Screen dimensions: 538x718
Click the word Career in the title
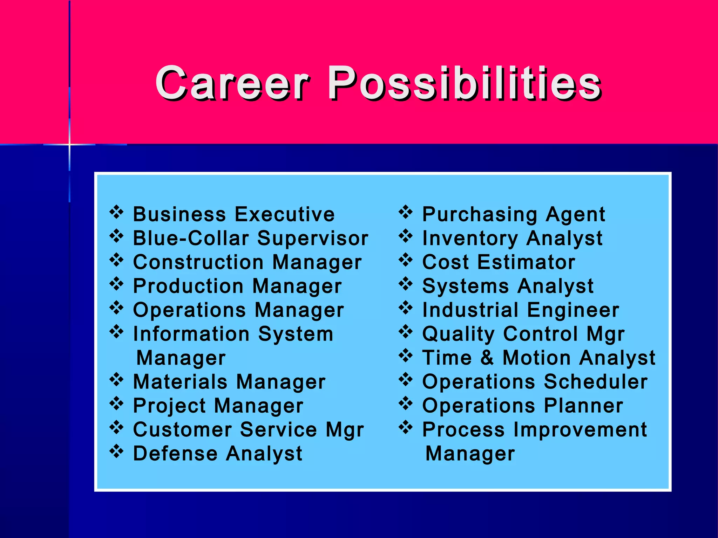(232, 83)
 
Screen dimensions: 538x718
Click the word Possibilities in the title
(464, 83)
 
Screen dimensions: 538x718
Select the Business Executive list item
(234, 214)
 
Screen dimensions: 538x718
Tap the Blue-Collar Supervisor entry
(250, 238)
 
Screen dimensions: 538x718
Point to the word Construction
(198, 262)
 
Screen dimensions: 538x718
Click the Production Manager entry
(237, 286)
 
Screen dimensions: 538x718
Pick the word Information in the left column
(191, 334)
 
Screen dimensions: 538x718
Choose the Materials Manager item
(229, 382)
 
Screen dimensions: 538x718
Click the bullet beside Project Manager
(117, 403)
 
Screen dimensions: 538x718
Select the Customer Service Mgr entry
(248, 430)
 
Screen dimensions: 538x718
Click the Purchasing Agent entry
(514, 214)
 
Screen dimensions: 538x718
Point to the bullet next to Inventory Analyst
(406, 236)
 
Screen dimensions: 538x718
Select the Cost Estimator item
(499, 262)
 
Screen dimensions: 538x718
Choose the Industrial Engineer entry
(521, 310)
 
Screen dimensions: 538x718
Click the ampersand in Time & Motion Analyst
(487, 358)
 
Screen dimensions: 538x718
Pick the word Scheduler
(596, 382)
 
